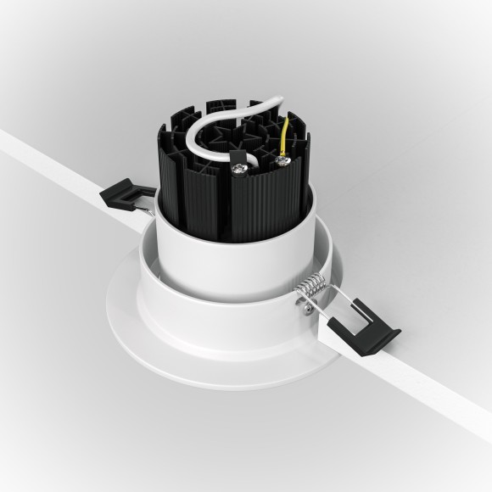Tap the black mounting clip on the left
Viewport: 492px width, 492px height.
(x=124, y=197)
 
